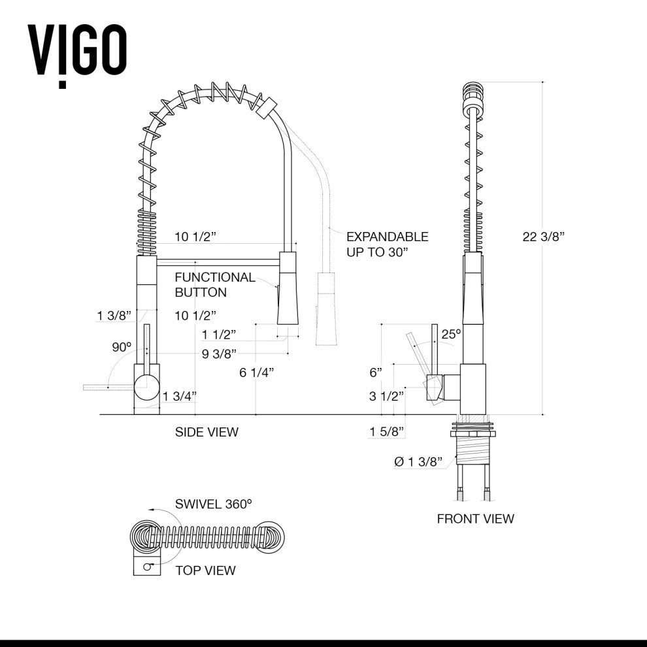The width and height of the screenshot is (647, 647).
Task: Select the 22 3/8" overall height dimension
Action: click(543, 237)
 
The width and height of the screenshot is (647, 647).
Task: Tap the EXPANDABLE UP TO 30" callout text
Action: click(387, 244)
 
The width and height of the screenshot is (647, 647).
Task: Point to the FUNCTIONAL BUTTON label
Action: click(214, 284)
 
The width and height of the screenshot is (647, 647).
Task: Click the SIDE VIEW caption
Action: click(207, 432)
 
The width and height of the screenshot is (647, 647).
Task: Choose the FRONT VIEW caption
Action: click(475, 519)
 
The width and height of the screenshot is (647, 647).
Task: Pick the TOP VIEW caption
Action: click(205, 571)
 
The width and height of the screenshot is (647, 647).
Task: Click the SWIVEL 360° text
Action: click(213, 504)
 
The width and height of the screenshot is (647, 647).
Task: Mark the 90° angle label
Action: click(121, 347)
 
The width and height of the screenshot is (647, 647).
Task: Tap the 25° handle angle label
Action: click(450, 334)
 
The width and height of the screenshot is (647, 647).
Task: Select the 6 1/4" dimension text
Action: click(256, 373)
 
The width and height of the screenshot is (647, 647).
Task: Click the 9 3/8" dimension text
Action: click(220, 356)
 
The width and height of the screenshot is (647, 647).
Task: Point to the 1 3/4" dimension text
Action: click(180, 395)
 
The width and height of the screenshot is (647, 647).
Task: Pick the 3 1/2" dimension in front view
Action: click(386, 395)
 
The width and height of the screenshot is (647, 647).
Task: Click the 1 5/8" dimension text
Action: click(386, 431)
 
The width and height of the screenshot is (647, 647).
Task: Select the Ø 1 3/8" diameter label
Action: click(418, 462)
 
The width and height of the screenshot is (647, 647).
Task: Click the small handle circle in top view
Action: click(148, 567)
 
